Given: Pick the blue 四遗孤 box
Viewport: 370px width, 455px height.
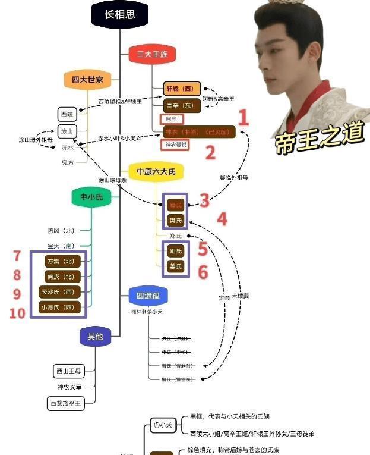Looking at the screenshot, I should pyautogui.click(x=148, y=295).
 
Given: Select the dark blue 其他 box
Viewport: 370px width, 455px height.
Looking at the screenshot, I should pyautogui.click(x=95, y=337).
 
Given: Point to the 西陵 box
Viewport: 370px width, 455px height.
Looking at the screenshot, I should pyautogui.click(x=67, y=113).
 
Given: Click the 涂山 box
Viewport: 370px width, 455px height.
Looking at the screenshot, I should pyautogui.click(x=67, y=131).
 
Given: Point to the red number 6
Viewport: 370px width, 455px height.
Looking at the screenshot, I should pyautogui.click(x=203, y=272).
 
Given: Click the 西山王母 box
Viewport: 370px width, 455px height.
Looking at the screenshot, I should pyautogui.click(x=67, y=371).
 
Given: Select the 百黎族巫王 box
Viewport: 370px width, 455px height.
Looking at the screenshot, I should pyautogui.click(x=67, y=403).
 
